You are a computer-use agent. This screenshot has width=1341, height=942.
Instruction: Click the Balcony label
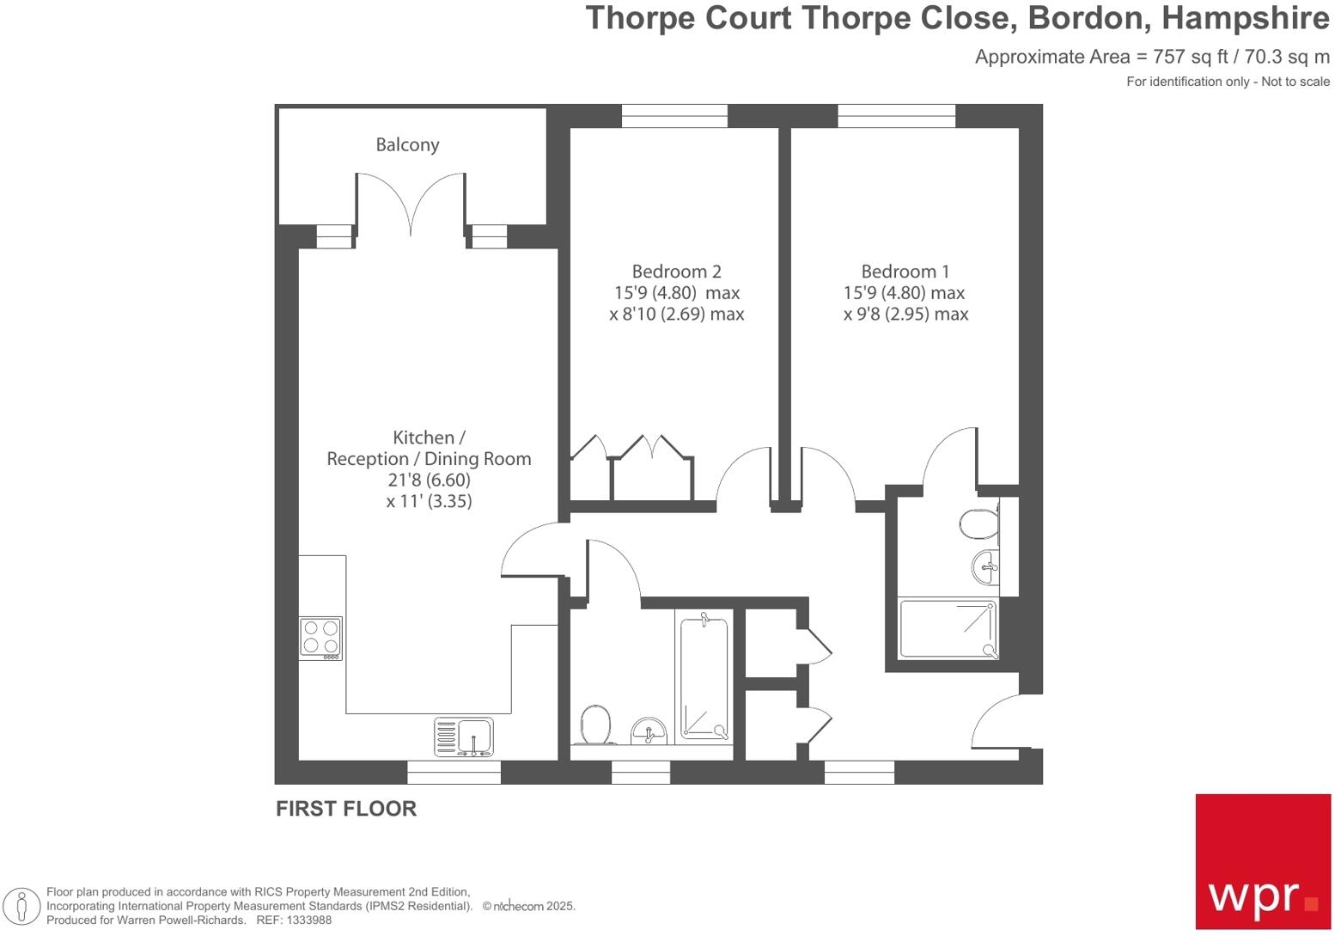[407, 144]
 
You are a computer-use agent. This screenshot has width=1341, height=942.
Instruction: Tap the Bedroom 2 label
[676, 272]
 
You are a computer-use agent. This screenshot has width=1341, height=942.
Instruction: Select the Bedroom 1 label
[905, 272]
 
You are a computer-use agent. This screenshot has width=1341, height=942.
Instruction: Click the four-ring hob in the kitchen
[320, 638]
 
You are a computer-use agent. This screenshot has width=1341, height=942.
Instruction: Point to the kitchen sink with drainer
[464, 737]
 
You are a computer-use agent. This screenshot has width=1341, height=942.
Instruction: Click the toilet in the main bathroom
[594, 724]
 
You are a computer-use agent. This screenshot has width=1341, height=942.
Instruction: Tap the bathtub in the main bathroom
[704, 676]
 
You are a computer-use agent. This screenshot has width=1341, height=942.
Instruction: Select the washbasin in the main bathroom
[649, 731]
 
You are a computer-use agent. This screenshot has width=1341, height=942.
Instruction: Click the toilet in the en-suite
[978, 523]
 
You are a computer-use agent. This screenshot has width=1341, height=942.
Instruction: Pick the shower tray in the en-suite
[948, 629]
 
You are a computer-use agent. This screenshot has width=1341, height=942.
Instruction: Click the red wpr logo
[1263, 861]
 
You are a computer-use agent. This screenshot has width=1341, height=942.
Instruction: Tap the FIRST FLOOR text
[346, 809]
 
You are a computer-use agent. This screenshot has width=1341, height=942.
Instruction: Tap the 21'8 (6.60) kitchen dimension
[429, 480]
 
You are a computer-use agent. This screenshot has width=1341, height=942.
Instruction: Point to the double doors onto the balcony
[411, 205]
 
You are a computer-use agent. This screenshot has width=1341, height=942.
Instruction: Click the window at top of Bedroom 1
[896, 116]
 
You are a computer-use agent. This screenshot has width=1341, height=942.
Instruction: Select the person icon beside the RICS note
[21, 906]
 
